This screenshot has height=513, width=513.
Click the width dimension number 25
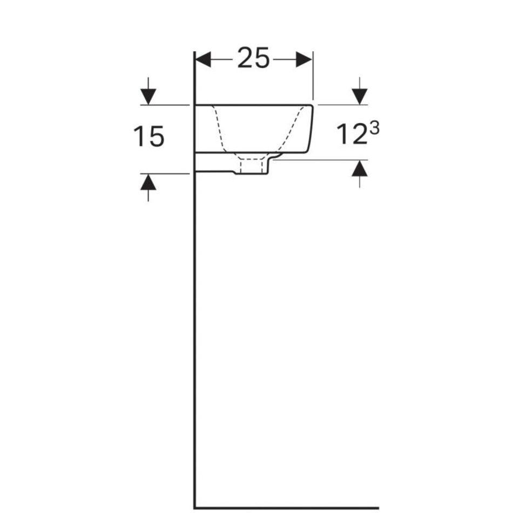click(x=253, y=58)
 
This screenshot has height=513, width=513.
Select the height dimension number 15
click(x=148, y=137)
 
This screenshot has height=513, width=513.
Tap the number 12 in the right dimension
click(x=352, y=134)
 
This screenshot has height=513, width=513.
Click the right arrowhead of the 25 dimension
click(x=304, y=59)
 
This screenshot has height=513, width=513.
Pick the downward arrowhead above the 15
click(x=148, y=97)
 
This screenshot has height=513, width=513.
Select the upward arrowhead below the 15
click(x=148, y=182)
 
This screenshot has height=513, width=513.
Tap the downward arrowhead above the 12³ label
click(x=360, y=97)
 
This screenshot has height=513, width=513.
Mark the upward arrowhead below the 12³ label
click(x=360, y=168)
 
